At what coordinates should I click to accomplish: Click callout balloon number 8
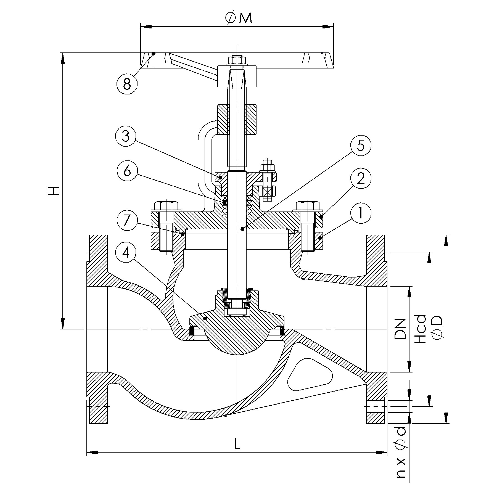click(x=127, y=84)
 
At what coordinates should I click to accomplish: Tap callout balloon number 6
click(x=127, y=171)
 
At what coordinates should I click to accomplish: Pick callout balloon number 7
click(x=127, y=221)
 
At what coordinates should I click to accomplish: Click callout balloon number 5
click(x=361, y=146)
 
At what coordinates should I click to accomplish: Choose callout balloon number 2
click(x=361, y=179)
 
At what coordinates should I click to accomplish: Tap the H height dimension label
click(x=54, y=191)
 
